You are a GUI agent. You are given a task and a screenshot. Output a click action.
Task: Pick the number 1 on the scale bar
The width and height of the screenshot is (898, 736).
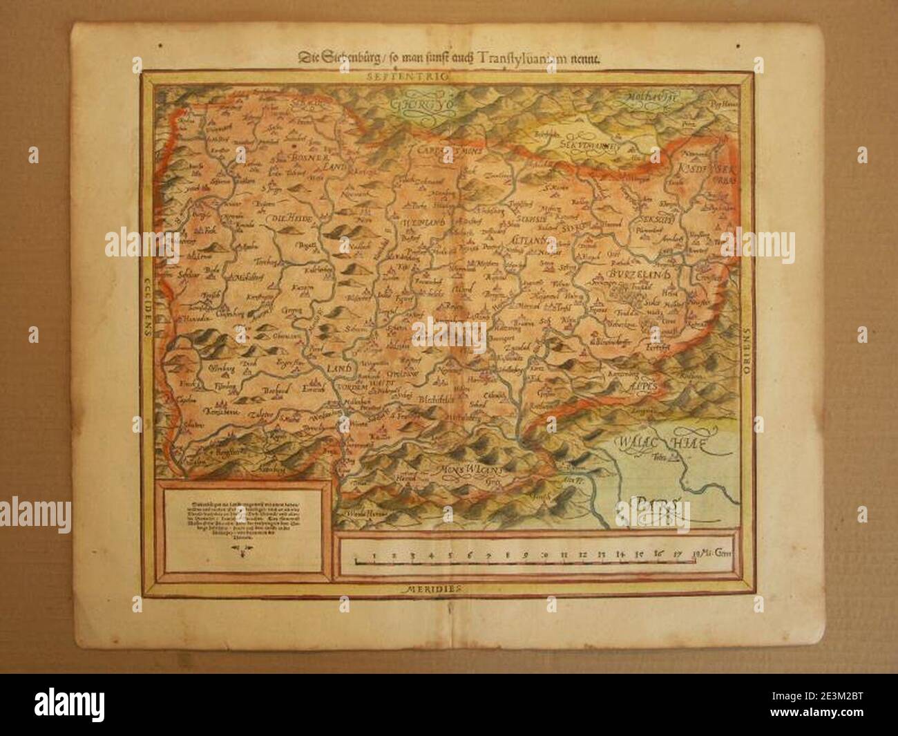[x=374, y=553]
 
